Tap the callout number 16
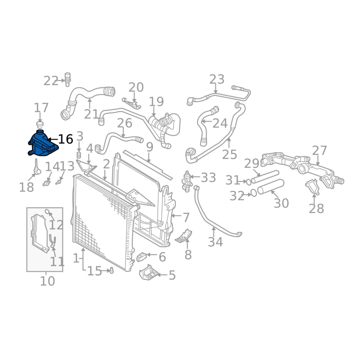(x=66, y=139)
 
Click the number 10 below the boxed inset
(x=47, y=281)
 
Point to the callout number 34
(x=215, y=242)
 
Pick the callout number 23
(x=216, y=80)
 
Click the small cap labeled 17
(x=40, y=124)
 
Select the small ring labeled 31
(x=248, y=182)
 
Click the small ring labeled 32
(x=253, y=193)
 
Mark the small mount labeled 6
(x=141, y=257)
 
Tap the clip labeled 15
(x=111, y=270)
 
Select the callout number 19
(x=156, y=102)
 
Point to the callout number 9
(x=149, y=147)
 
